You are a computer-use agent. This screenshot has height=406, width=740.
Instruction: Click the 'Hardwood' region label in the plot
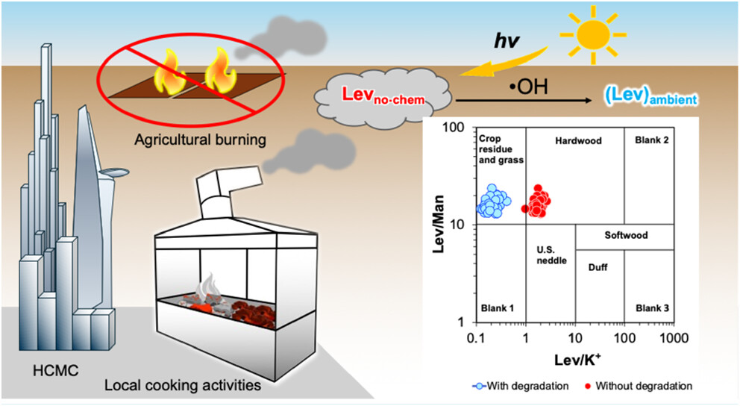click(578, 140)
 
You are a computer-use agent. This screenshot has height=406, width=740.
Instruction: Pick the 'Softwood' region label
click(626, 235)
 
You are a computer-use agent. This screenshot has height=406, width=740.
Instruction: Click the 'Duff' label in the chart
click(598, 266)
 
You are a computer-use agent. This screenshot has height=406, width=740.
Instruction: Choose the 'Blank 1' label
click(495, 308)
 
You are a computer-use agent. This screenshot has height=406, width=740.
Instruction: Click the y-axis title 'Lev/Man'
click(440, 225)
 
